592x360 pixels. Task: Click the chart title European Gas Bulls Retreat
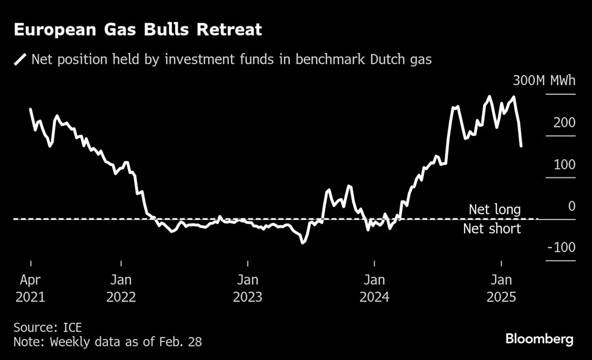click(x=138, y=29)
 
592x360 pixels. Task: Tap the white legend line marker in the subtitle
click(x=21, y=59)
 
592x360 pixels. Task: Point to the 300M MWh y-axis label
click(x=544, y=81)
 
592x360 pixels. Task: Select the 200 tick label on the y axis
click(x=564, y=122)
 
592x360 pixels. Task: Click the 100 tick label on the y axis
click(x=564, y=164)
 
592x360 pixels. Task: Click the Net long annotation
click(x=494, y=210)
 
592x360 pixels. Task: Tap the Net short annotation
click(x=492, y=229)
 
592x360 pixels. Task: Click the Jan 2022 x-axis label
click(x=121, y=288)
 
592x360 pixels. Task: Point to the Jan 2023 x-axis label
click(x=248, y=288)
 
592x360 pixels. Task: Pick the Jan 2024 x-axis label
click(x=374, y=288)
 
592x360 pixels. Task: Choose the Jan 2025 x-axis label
click(x=501, y=288)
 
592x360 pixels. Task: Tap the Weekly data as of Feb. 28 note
click(x=107, y=341)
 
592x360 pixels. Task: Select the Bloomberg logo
click(x=539, y=339)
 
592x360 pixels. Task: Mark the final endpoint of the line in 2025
click(x=521, y=146)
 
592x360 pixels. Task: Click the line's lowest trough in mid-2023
click(x=303, y=243)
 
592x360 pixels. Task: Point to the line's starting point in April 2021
click(x=30, y=109)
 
